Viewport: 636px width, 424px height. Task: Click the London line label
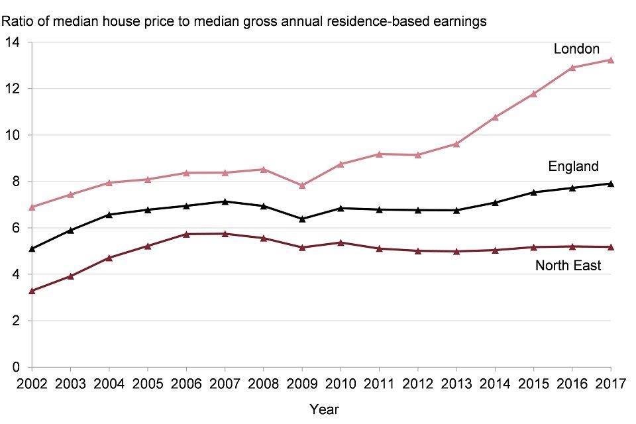click(576, 49)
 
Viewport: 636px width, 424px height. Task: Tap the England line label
click(573, 166)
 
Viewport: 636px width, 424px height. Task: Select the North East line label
click(568, 266)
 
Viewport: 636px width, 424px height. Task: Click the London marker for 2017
click(611, 60)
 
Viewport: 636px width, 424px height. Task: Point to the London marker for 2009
click(302, 185)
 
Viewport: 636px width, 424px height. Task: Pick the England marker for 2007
click(225, 201)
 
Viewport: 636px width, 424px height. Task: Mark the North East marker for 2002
click(32, 290)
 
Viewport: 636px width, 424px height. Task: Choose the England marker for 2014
click(495, 202)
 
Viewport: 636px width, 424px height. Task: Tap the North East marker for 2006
click(186, 234)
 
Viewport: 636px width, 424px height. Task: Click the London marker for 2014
click(495, 117)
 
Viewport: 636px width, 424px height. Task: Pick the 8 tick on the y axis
click(17, 182)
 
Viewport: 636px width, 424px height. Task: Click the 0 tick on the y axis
click(17, 367)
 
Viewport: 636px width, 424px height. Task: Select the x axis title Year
click(324, 409)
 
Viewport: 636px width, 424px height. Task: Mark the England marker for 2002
click(32, 248)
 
